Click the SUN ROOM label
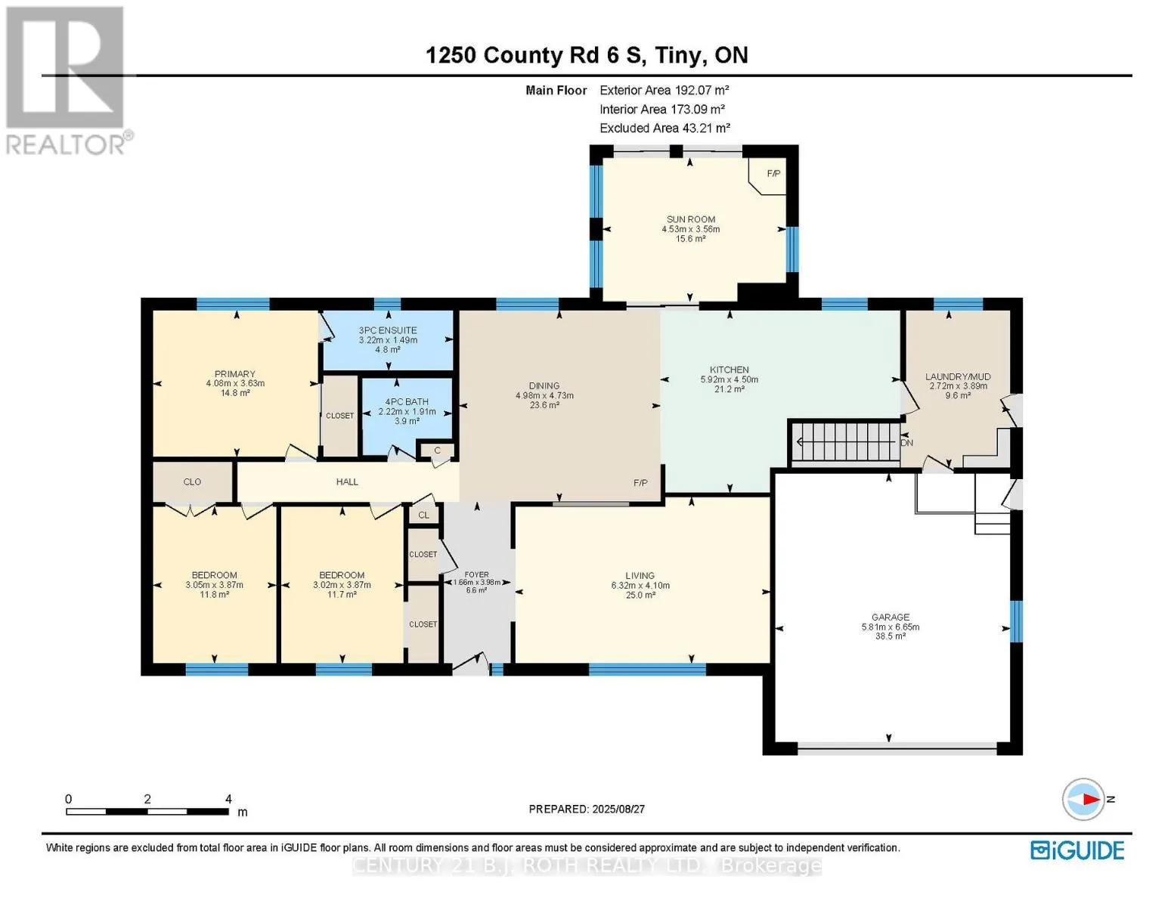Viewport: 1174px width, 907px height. click(690, 219)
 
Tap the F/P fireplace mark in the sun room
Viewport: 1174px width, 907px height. click(773, 173)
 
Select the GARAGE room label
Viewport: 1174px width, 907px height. click(890, 617)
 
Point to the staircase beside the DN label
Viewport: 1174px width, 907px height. click(845, 442)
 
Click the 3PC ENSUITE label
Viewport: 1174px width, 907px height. click(387, 330)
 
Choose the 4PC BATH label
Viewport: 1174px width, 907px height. click(406, 401)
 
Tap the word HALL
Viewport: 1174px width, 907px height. click(347, 482)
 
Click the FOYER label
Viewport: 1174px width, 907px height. click(476, 574)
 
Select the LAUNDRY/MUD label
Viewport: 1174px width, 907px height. click(957, 376)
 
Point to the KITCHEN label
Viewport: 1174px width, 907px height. click(729, 370)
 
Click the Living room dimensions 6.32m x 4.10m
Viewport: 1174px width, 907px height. click(640, 585)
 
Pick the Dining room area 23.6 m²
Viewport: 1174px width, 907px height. click(544, 405)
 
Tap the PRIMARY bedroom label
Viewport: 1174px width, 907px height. click(234, 374)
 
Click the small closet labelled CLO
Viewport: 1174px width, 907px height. click(192, 482)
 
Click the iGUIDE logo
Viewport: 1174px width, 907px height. click(1076, 850)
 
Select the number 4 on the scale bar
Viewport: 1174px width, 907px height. click(228, 798)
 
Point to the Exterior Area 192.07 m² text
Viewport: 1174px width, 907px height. click(664, 90)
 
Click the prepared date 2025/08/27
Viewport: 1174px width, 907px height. click(618, 809)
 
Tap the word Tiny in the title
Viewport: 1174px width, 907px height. click(677, 55)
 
